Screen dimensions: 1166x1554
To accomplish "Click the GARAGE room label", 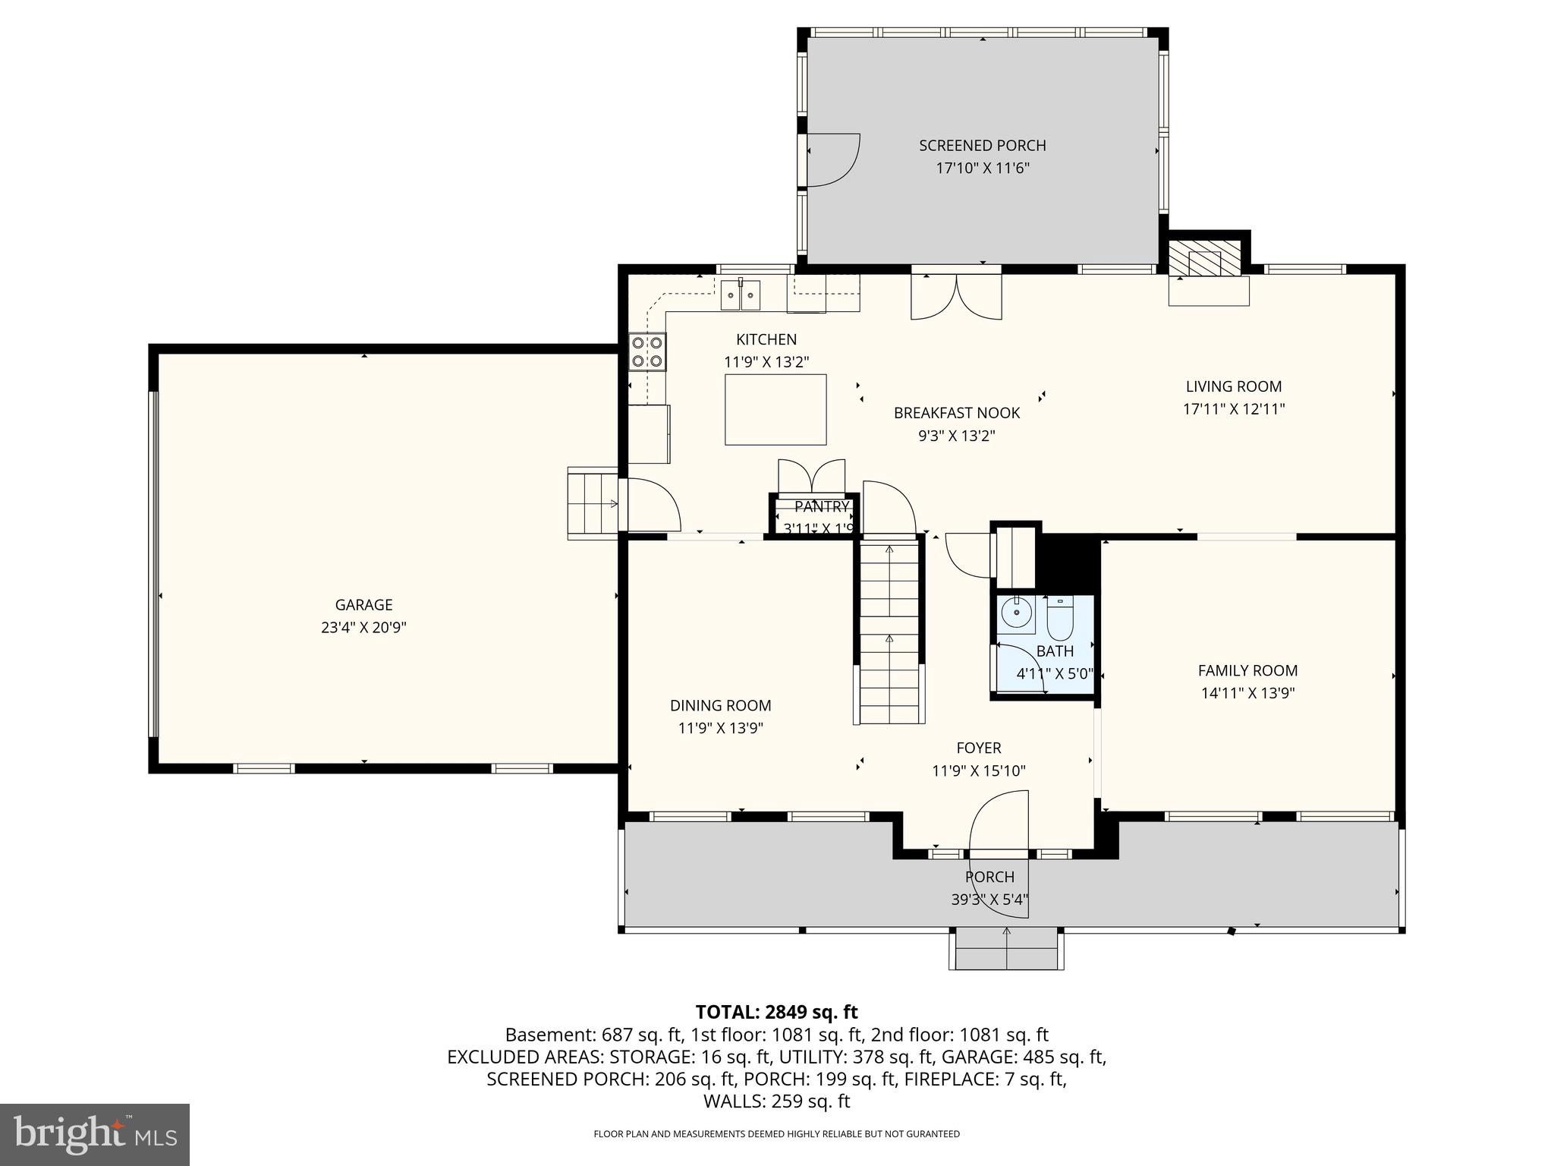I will pos(363,604).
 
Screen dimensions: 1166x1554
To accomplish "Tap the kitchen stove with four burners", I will pos(647,351).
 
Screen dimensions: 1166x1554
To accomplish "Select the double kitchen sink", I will pos(740,295).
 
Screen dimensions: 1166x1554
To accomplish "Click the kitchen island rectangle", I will pos(775,409).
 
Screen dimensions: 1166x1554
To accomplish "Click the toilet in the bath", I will pos(1059,619).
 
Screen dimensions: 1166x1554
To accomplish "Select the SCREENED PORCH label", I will pos(982,145).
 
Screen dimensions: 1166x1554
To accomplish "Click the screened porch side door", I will pos(831,159).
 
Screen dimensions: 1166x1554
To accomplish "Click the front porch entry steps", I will pos(1006,949).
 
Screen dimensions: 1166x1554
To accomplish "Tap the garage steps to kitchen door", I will pos(593,503).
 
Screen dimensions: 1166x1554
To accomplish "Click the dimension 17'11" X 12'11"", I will pos(1233,409).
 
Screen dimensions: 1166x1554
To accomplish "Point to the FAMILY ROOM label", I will pos(1247,670).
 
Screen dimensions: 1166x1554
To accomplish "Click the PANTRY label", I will pos(822,507).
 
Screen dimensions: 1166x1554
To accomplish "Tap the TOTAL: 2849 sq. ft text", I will pos(776,1012).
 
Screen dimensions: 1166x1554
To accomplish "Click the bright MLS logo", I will pos(94,1134).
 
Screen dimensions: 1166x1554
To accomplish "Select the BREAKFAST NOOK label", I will pos(956,413).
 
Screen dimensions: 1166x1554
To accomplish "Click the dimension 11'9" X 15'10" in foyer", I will pos(978,771).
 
